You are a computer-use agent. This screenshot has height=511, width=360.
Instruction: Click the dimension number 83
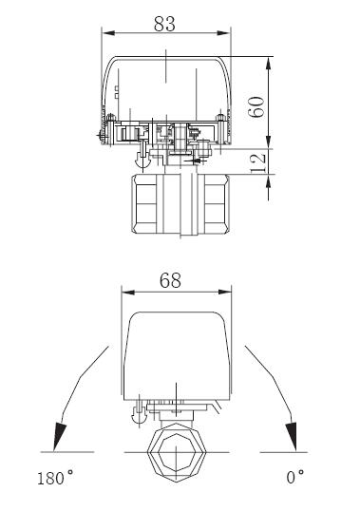pos(164,24)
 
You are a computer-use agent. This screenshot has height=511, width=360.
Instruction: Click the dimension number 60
pos(256,106)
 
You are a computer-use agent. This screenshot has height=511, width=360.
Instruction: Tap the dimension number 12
pos(258,164)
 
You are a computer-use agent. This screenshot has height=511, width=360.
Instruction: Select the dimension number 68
pos(170,280)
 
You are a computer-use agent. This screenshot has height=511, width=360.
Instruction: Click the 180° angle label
pos(55,478)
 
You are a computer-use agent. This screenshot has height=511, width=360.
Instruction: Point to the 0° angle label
pos(295,477)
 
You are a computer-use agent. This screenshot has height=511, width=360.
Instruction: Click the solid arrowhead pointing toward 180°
pos(59,436)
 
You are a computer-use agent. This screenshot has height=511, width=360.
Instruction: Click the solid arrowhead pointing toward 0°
pos(292,436)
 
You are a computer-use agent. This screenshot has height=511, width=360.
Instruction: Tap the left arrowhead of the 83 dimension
pos(108,33)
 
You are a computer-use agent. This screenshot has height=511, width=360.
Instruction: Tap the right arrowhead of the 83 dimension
pos(224,33)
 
